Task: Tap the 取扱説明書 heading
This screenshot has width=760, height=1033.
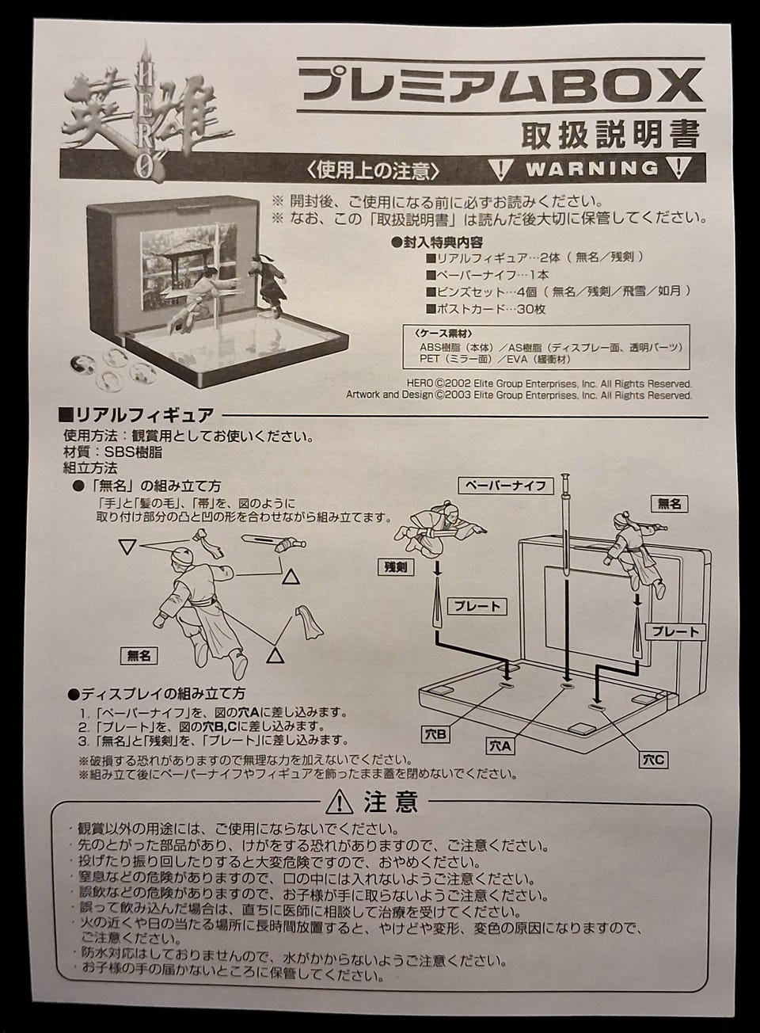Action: [610, 135]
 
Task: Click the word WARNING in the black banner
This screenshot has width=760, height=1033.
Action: [592, 168]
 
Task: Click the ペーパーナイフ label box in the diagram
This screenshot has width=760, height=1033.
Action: [506, 485]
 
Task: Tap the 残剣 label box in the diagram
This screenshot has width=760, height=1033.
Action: [397, 567]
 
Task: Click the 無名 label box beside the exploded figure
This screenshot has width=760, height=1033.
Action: [139, 655]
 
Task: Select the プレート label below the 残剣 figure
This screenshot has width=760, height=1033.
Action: [477, 607]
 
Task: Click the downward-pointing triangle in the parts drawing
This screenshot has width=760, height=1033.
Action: [127, 547]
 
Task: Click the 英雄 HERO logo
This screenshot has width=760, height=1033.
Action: [146, 113]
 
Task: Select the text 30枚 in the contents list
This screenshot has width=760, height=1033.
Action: [531, 309]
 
